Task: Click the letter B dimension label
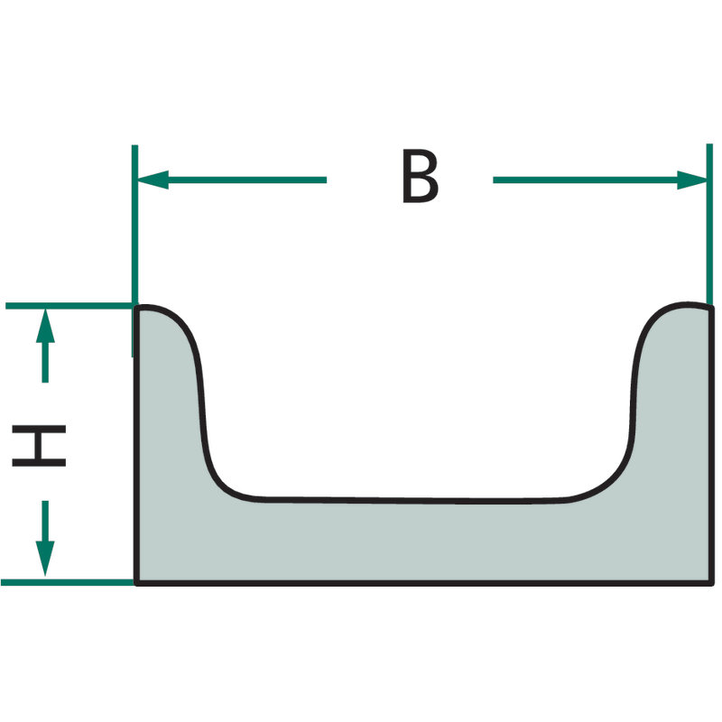(x=420, y=176)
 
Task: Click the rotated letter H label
(x=39, y=446)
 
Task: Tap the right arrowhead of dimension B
(x=691, y=180)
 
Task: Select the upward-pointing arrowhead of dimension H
(x=45, y=326)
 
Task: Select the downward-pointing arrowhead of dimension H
(x=45, y=558)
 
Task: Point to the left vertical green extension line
(x=134, y=251)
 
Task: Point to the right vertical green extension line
(x=709, y=226)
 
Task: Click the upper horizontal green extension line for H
(x=69, y=306)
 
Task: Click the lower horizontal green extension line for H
(x=67, y=582)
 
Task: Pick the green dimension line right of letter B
(x=600, y=180)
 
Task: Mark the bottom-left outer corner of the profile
(x=136, y=583)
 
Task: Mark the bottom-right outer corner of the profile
(x=712, y=583)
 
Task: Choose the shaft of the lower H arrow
(x=45, y=521)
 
